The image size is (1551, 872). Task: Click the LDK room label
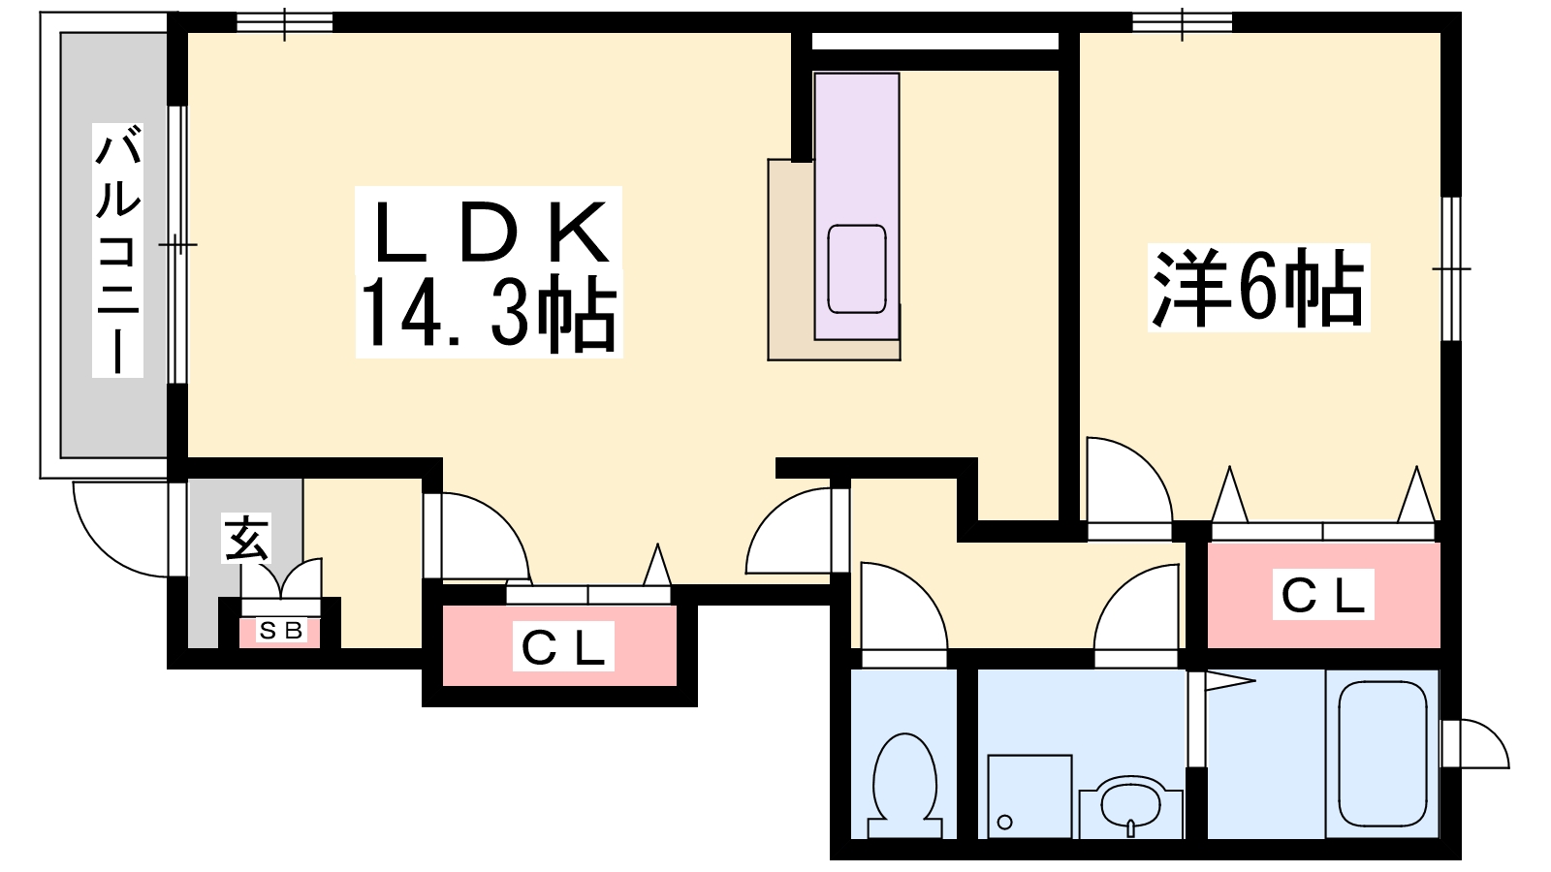tap(491, 233)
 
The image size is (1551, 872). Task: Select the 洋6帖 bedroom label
tap(1258, 287)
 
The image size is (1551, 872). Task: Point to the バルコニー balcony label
tap(117, 251)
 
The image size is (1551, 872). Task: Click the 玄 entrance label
tap(246, 539)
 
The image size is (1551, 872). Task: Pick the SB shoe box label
tap(280, 631)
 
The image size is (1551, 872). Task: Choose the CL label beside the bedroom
tap(1323, 595)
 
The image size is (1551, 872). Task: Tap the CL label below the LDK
tap(563, 646)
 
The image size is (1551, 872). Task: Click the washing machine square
tap(1029, 796)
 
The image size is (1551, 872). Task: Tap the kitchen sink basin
tap(857, 269)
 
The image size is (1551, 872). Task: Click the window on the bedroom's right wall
tap(1450, 268)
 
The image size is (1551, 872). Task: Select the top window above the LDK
tap(285, 22)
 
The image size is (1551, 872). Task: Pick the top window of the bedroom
tap(1183, 22)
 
